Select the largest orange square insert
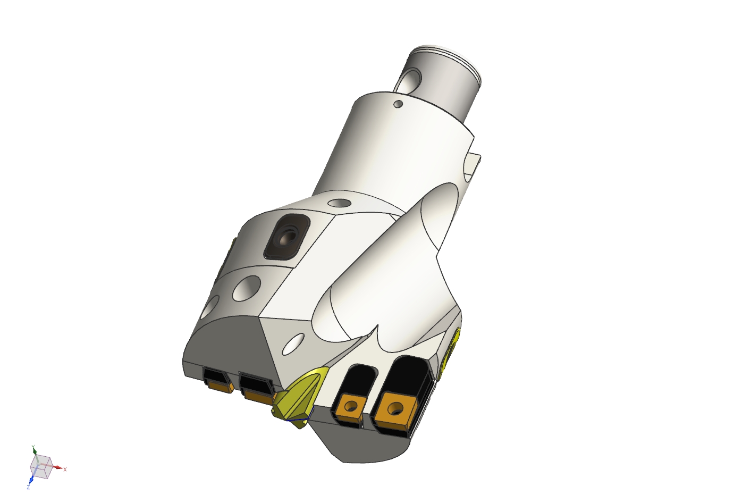[394, 409]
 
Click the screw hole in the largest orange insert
[394, 409]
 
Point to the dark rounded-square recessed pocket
[286, 236]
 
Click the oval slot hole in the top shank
[410, 80]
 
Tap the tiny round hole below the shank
[397, 104]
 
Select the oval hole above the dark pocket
[339, 203]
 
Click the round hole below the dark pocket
[246, 287]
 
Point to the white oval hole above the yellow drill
[292, 345]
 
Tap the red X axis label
[65, 469]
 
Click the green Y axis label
[33, 447]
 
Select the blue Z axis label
[29, 487]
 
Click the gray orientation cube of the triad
[41, 466]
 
